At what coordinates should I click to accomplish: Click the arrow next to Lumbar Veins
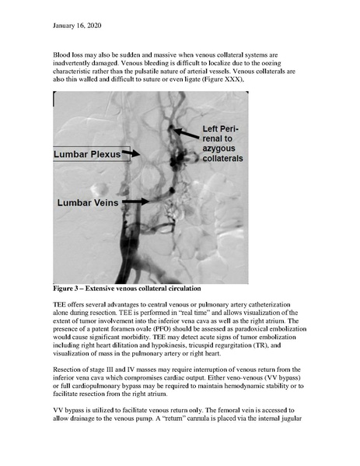point(134,201)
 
